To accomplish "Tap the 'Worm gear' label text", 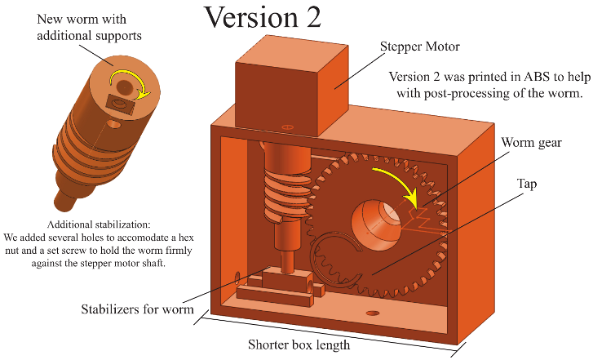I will [531, 143].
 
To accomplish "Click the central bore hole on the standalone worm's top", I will [124, 86].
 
